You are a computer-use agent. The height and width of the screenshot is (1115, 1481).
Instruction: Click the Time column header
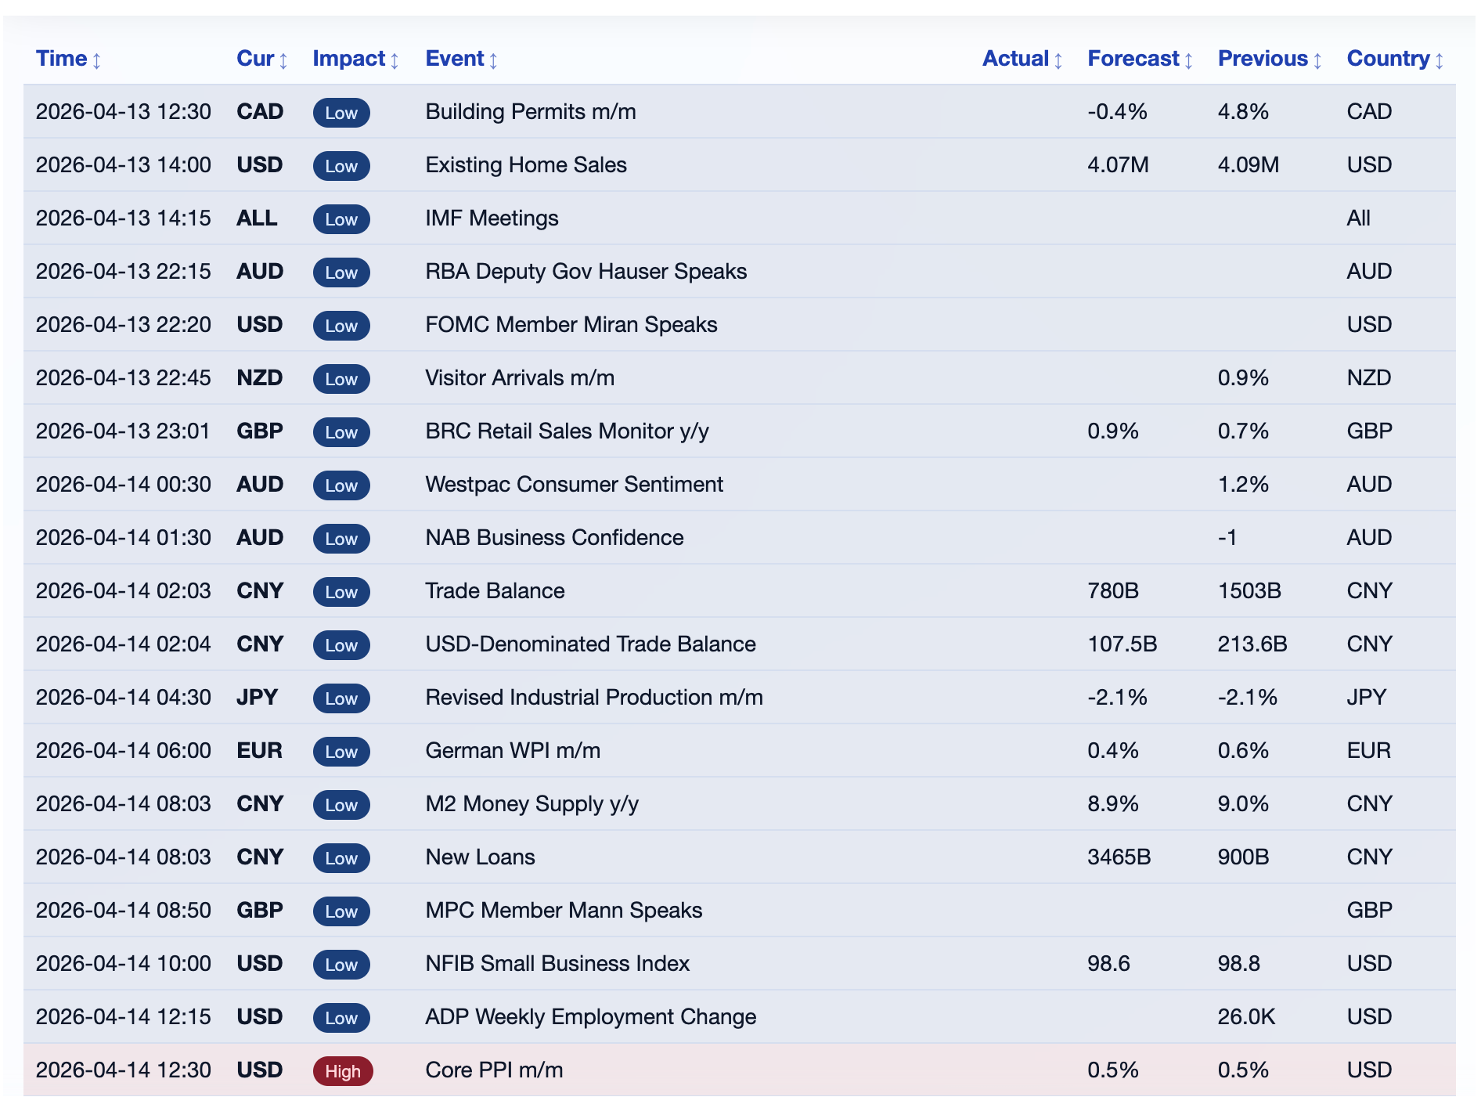(x=61, y=59)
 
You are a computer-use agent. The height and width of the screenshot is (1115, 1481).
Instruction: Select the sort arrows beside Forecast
(x=1188, y=60)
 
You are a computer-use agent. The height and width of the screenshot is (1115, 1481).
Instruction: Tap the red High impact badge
(x=342, y=1070)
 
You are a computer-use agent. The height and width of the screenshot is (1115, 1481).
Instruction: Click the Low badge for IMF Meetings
(x=341, y=219)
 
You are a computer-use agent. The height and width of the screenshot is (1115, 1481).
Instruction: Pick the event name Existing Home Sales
(x=525, y=165)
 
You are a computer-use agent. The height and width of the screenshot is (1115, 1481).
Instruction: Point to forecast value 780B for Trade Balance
(x=1112, y=591)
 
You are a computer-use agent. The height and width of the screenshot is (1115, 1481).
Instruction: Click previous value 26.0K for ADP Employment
(x=1245, y=1017)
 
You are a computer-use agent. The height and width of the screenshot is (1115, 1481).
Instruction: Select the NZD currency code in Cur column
(x=259, y=378)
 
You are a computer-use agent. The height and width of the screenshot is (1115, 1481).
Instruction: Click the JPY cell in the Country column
(x=1366, y=698)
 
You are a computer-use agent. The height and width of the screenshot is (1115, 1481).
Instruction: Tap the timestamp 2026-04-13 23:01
(x=123, y=431)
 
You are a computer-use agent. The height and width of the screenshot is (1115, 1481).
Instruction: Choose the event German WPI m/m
(x=512, y=751)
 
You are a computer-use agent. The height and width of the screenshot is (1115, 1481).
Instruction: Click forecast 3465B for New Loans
(x=1119, y=857)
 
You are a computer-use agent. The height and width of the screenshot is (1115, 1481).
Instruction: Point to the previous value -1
(x=1227, y=538)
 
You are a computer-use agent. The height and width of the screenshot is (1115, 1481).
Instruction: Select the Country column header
(x=1387, y=59)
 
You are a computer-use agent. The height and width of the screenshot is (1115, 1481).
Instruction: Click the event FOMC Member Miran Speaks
(x=571, y=325)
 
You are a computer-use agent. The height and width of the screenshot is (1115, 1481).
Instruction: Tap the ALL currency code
(x=257, y=218)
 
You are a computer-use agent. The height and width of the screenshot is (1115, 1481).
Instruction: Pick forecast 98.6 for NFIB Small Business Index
(x=1108, y=964)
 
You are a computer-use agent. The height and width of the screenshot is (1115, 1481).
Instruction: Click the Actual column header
(x=1014, y=59)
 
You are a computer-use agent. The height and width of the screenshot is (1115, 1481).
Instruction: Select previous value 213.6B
(x=1252, y=644)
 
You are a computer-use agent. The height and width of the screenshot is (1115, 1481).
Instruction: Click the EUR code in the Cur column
(x=259, y=751)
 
